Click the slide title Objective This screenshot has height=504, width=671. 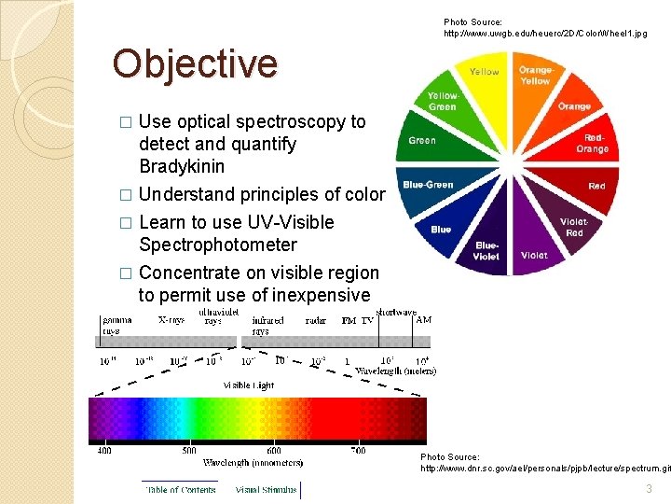click(x=195, y=63)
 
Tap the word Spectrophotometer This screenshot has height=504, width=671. click(x=217, y=245)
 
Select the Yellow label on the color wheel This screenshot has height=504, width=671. click(x=484, y=72)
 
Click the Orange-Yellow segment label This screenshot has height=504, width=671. click(x=535, y=76)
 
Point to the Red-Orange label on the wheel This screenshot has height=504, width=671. click(x=592, y=143)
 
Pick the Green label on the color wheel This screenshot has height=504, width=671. click(x=422, y=141)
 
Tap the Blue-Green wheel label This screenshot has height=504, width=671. click(x=428, y=185)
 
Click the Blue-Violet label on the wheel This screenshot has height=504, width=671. click(x=486, y=250)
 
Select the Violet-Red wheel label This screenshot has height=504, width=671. click(x=574, y=227)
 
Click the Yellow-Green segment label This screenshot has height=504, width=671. click(x=442, y=101)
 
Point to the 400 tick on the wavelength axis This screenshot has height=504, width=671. click(x=103, y=451)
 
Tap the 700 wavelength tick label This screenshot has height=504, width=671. click(x=357, y=451)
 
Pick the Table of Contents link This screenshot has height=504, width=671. click(x=180, y=488)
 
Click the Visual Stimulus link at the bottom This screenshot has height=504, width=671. click(x=266, y=488)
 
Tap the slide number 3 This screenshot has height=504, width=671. click(x=648, y=489)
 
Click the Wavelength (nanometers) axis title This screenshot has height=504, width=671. click(x=253, y=462)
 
